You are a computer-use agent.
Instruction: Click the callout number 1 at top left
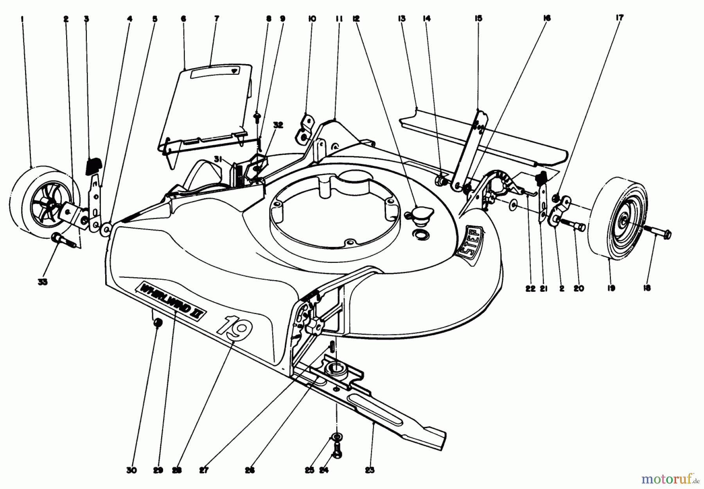[22, 18]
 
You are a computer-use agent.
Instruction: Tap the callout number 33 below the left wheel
[43, 282]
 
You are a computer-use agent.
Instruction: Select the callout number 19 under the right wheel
[611, 288]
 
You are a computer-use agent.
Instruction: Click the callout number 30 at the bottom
[132, 471]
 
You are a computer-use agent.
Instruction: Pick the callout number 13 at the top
[402, 18]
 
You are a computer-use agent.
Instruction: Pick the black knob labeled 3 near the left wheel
[93, 165]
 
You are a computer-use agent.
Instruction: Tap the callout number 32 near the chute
[278, 125]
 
